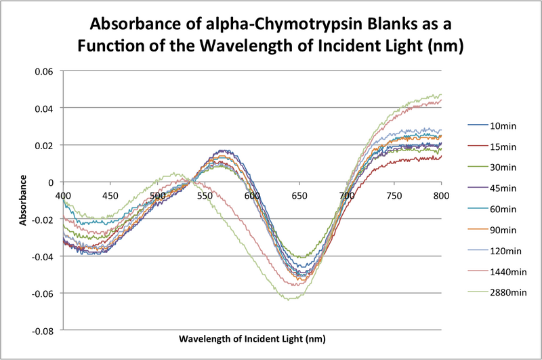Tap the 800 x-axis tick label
point(442,195)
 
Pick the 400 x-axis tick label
point(62,195)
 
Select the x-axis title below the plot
point(252,338)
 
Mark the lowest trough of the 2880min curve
point(290,299)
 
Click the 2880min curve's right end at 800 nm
point(441,95)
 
